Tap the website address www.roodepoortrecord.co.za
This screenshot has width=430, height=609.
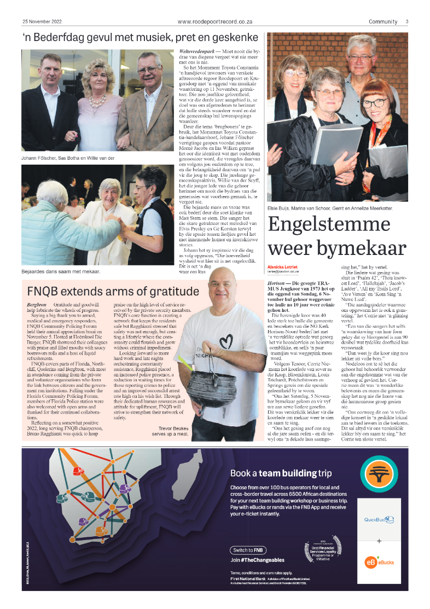(214, 21)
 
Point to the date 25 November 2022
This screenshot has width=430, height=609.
(43, 21)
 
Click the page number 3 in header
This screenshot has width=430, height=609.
(406, 21)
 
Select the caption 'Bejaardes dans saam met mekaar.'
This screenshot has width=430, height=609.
(61, 271)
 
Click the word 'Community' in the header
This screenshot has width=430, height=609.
(383, 21)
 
